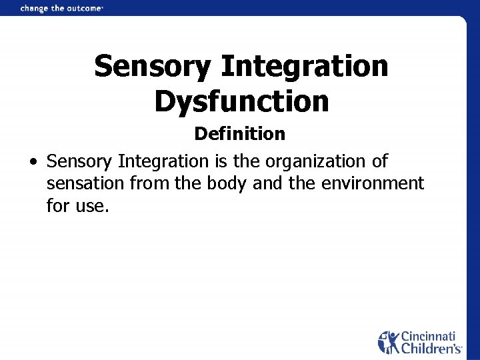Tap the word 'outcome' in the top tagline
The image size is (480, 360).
83,9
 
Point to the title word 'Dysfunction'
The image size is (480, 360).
241,101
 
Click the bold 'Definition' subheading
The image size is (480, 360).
239,134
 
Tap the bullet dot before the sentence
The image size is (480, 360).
33,162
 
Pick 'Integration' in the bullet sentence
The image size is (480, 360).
163,161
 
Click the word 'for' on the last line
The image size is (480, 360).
57,205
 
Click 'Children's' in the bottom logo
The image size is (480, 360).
431,348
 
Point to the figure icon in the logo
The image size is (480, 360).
389,342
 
